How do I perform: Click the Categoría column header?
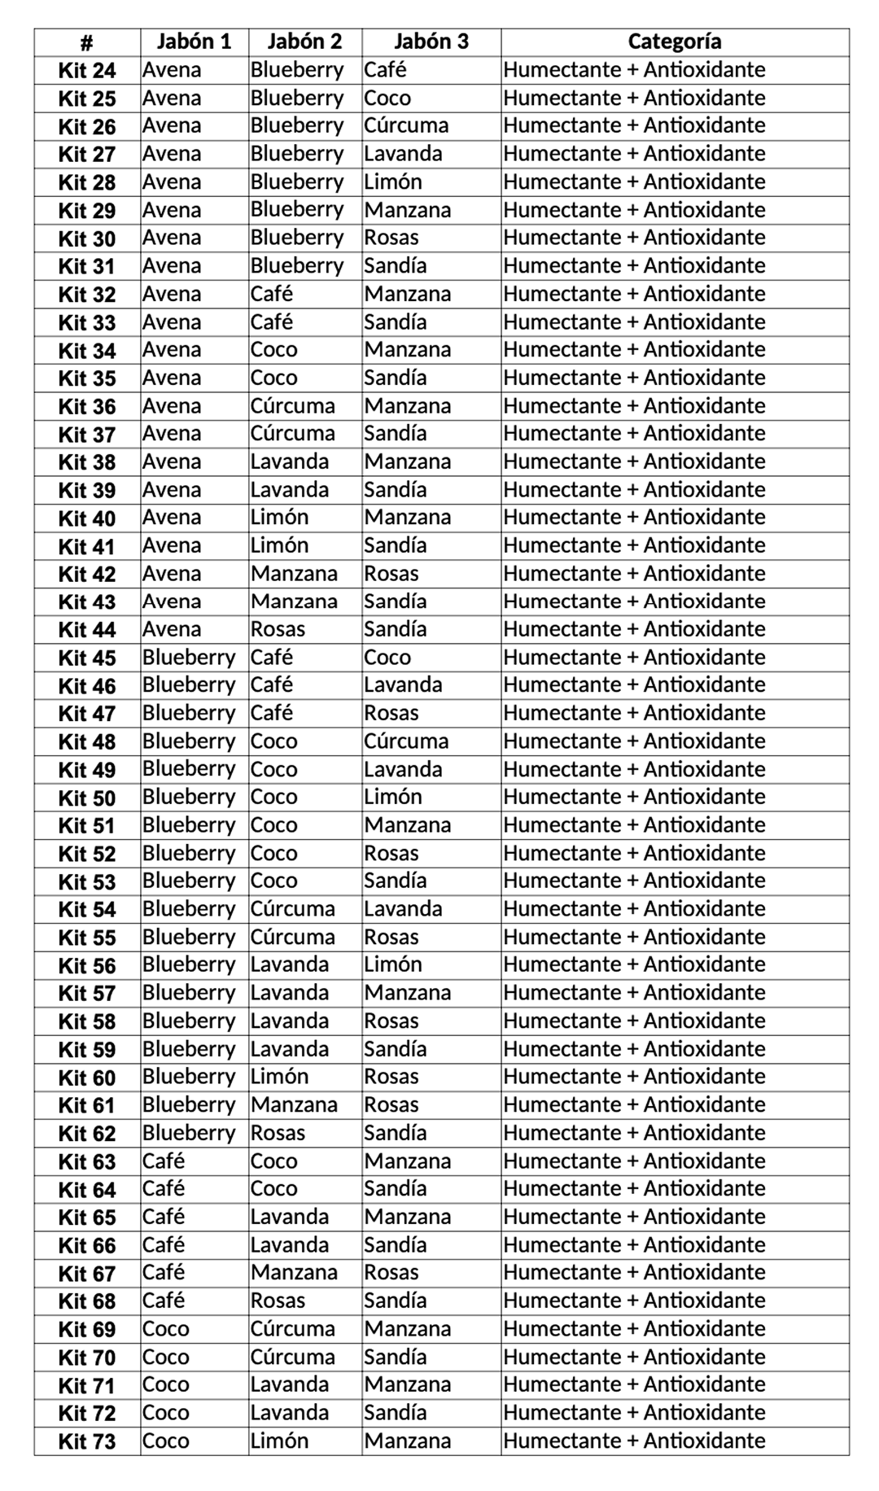(x=674, y=42)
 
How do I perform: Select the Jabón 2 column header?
(x=304, y=42)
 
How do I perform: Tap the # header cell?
(x=87, y=42)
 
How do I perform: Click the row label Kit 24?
(x=87, y=71)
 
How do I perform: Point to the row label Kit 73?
(x=87, y=1441)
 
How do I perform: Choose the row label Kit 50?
(x=87, y=798)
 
